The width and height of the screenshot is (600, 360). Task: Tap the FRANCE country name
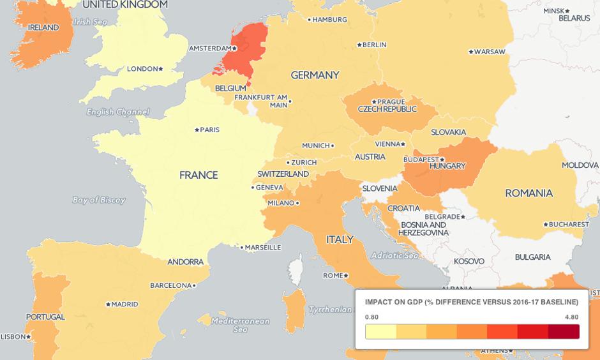(199, 175)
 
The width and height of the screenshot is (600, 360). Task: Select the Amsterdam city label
(209, 49)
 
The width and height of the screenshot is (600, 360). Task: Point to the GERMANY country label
(315, 75)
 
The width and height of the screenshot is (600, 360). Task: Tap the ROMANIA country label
(529, 193)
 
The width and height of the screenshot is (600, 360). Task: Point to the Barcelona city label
(171, 285)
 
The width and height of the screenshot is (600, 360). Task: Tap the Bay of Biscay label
(99, 200)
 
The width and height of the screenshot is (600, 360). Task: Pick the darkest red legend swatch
(564, 332)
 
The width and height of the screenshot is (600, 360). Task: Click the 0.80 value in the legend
(371, 317)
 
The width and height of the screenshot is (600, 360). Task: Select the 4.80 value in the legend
(571, 317)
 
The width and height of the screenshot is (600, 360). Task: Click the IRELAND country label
(43, 27)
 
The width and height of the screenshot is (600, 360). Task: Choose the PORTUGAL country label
(45, 317)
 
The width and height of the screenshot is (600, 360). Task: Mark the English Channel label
(118, 112)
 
